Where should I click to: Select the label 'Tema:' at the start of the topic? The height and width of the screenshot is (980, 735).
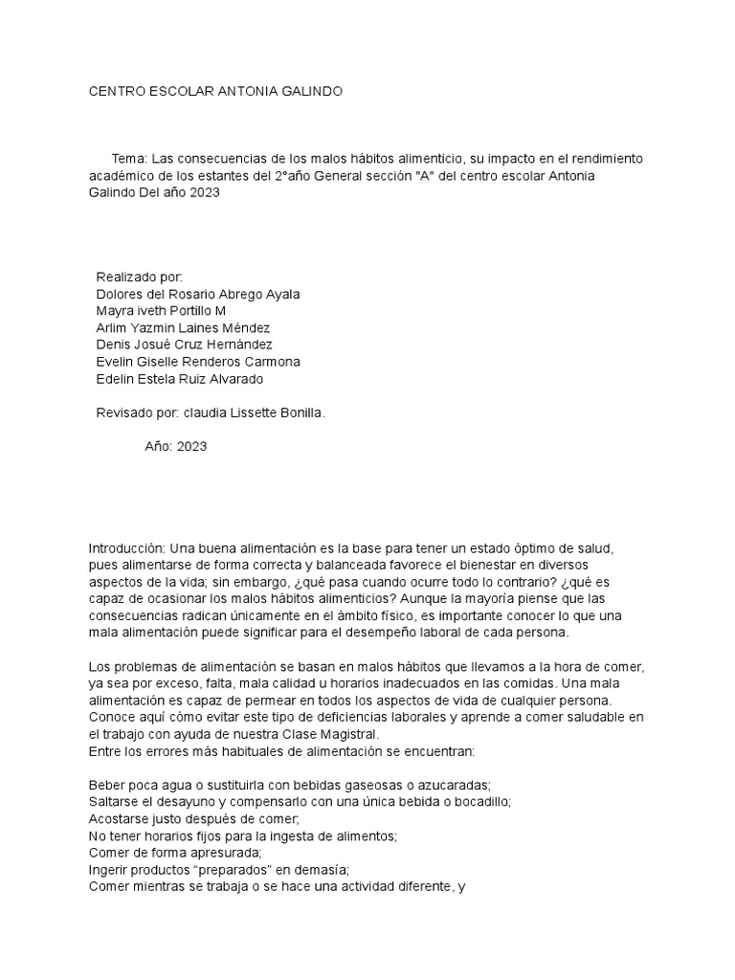129,158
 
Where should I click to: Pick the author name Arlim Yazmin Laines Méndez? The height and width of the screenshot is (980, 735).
185,328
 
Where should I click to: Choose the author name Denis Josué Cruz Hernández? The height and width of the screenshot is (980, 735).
185,345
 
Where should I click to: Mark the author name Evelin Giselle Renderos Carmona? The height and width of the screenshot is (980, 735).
198,362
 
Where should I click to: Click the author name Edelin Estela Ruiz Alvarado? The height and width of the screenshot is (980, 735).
180,379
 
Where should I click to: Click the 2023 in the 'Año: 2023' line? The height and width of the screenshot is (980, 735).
191,446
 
